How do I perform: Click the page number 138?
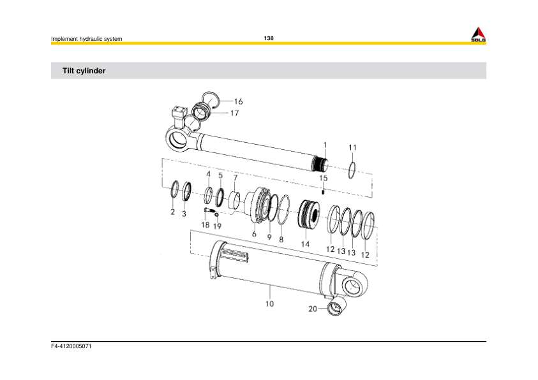pos(269,38)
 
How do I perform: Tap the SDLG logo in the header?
pos(478,35)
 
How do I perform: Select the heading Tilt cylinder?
pos(84,71)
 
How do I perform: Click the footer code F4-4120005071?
pos(71,348)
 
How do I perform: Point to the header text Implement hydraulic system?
pos(86,40)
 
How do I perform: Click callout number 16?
pos(238,101)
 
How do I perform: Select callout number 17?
pos(234,113)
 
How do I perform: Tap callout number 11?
pos(352,147)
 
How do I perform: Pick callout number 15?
pos(324,178)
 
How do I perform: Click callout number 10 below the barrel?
pos(269,304)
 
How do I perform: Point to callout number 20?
pos(313,309)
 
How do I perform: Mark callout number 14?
pos(305,244)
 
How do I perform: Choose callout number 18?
pos(205,225)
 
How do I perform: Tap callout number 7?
pos(235,177)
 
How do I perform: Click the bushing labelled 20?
pos(336,308)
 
